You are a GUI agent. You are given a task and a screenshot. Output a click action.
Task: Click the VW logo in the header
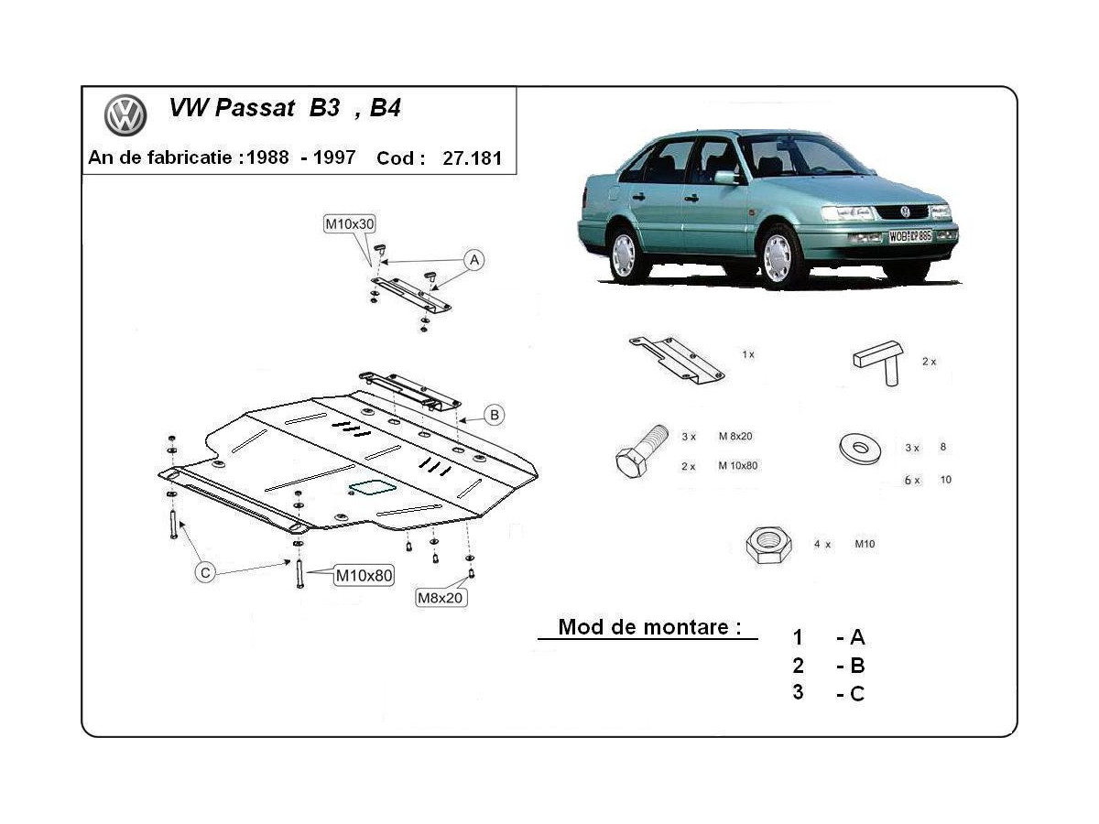pos(125,115)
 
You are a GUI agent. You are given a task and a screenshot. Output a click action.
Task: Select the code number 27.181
pos(472,157)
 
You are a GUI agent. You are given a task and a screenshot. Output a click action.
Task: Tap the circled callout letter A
pos(473,260)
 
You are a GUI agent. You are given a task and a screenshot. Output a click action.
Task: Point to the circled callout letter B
pos(494,416)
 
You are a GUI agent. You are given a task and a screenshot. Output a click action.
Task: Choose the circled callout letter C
pos(206,572)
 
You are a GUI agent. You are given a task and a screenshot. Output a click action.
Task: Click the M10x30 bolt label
pos(349,223)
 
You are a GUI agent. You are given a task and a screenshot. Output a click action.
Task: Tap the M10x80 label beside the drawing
pos(364,576)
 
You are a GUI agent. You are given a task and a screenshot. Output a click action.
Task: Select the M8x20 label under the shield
pos(441,598)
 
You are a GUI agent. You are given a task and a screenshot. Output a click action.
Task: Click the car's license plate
pos(909,235)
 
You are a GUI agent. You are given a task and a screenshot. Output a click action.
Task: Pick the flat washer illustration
pos(859,448)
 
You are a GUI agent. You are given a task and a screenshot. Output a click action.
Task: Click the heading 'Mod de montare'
pos(648,627)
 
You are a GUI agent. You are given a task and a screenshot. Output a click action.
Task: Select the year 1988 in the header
pos(270,157)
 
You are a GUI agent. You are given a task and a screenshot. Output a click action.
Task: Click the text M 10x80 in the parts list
pos(738,465)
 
